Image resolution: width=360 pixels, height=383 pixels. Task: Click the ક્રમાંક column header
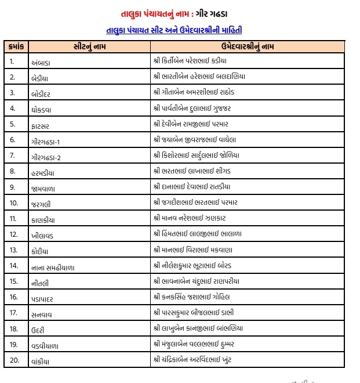coord(16,46)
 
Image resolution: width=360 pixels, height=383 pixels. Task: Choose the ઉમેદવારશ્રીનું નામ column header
coord(248,46)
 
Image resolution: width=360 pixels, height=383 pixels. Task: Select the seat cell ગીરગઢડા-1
coord(47,140)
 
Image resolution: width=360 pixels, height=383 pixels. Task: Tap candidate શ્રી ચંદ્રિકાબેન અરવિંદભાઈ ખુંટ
coord(201,360)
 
